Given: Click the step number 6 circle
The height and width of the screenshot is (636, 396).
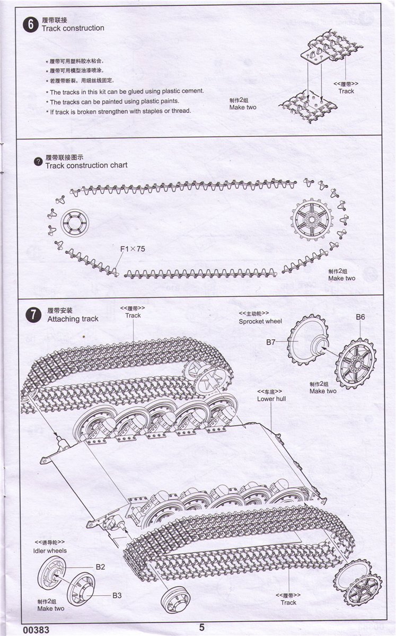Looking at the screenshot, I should (31, 24).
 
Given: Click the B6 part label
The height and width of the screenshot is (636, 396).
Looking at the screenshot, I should (360, 317).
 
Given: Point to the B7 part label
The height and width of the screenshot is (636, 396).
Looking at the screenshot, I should (271, 342).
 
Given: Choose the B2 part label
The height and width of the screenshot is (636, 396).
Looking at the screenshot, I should (100, 567).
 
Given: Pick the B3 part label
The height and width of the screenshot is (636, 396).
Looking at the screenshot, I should (117, 595).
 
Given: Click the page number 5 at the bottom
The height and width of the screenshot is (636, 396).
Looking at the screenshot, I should (201, 628).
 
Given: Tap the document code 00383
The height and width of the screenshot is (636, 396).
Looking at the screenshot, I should (37, 630).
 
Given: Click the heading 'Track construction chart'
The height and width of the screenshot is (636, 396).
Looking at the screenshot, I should (86, 165).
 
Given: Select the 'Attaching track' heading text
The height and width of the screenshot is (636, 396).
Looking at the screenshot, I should (73, 319).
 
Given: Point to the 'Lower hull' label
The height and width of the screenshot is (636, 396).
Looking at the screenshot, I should (271, 399).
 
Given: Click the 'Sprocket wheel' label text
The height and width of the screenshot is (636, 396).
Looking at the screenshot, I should (260, 321).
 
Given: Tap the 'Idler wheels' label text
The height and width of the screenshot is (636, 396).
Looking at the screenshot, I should (50, 551).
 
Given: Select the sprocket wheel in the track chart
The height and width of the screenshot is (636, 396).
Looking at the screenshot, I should (311, 218).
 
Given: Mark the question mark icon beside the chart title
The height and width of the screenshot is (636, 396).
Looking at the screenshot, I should (37, 162).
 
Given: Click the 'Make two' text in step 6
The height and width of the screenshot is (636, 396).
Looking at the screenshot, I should (243, 107).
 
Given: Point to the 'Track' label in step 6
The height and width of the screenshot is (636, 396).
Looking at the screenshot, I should (346, 91).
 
